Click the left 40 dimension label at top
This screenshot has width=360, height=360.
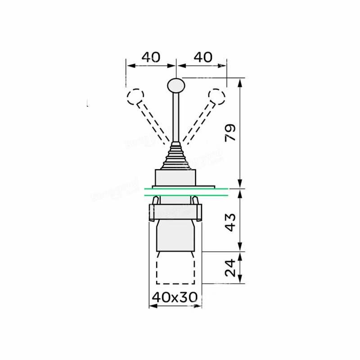click(151, 57)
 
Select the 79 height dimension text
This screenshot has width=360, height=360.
click(230, 133)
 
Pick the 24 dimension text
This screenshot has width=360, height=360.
click(230, 268)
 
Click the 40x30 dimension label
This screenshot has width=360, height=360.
click(175, 297)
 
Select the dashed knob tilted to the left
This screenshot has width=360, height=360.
click(135, 97)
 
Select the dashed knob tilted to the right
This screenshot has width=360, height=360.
click(216, 97)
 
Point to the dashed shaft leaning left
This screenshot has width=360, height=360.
click(152, 121)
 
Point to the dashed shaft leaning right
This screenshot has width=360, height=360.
click(198, 121)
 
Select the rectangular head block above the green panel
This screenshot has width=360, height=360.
click(175, 177)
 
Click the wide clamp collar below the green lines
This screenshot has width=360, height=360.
click(175, 211)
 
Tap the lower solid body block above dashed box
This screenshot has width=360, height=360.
click(175, 235)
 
